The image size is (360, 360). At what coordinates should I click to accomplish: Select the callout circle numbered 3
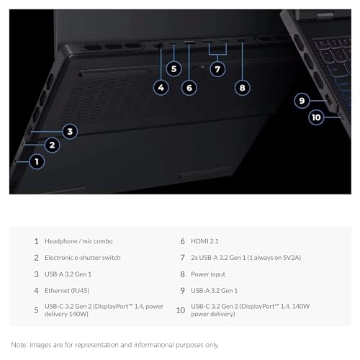(69, 131)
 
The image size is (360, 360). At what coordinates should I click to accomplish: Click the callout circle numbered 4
(161, 88)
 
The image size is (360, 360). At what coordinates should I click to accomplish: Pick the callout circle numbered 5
(174, 68)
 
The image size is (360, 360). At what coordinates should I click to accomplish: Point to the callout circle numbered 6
(189, 88)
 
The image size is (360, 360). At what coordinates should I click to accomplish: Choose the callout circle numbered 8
(242, 88)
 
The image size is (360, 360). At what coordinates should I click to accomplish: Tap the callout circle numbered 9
(302, 101)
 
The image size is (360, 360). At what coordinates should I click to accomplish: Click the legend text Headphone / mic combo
(78, 241)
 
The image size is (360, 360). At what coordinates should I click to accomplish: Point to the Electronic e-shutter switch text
(82, 258)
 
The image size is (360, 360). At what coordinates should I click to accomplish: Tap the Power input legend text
(210, 274)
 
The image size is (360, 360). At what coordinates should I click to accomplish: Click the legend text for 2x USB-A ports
(243, 258)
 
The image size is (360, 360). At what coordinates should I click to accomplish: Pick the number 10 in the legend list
(180, 310)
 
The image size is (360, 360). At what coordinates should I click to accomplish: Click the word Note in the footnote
(19, 345)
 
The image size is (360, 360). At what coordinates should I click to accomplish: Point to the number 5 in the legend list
(36, 310)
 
